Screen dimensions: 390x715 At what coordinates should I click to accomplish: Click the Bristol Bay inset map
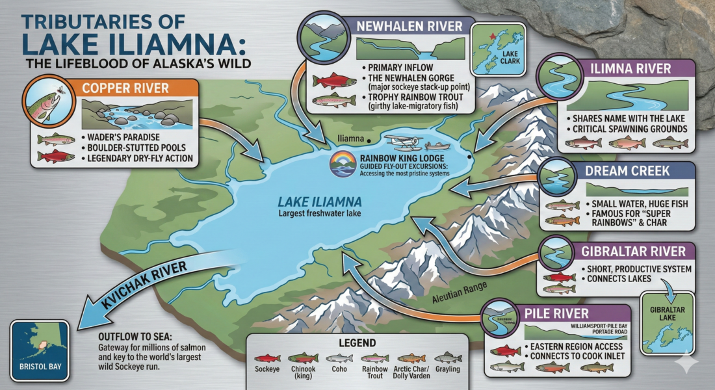point(40,351)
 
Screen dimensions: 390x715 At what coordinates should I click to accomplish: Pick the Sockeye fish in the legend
point(267,358)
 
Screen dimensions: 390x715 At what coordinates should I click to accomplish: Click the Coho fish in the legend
point(339,358)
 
